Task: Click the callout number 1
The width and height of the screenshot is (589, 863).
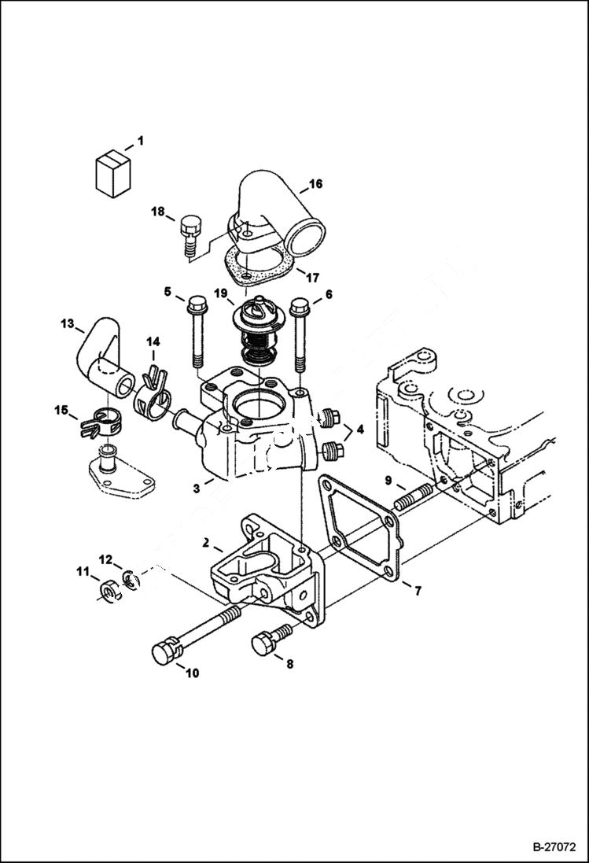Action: [140, 141]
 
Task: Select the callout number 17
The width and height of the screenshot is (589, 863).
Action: [312, 277]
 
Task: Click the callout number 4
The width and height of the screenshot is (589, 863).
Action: [359, 430]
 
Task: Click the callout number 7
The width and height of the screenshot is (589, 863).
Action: [417, 590]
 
